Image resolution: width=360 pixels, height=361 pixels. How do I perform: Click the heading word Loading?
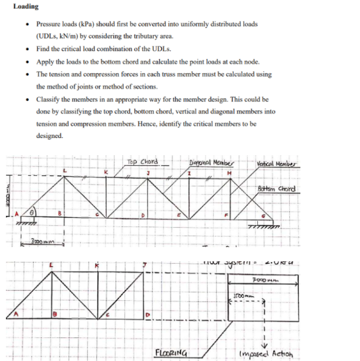coord(25,6)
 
